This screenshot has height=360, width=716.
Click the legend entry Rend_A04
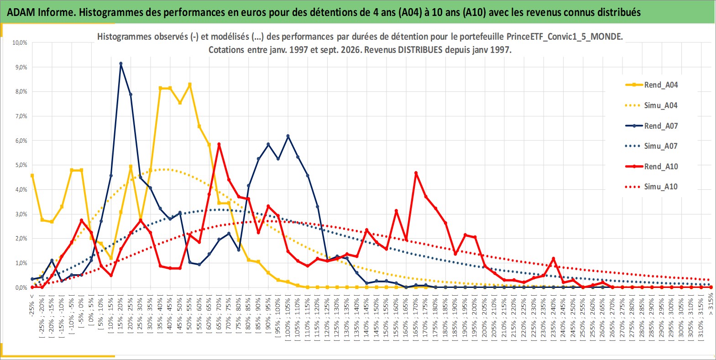[652, 85]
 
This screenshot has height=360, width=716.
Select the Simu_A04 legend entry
[652, 105]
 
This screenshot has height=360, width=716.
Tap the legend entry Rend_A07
[652, 126]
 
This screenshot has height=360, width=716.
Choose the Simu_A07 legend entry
[652, 146]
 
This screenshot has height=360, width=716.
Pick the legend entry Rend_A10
[652, 167]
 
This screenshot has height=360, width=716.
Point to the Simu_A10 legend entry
[652, 187]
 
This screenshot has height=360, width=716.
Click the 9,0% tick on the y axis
[20, 67]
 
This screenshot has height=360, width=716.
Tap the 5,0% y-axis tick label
[20, 165]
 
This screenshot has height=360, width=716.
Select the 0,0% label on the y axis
[20, 287]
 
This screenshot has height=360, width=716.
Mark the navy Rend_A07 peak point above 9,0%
[121, 63]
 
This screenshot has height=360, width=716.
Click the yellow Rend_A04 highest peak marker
[190, 85]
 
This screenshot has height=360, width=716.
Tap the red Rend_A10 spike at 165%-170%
[416, 173]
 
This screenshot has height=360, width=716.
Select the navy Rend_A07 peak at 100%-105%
[288, 136]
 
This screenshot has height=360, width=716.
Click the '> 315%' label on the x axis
[711, 305]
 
